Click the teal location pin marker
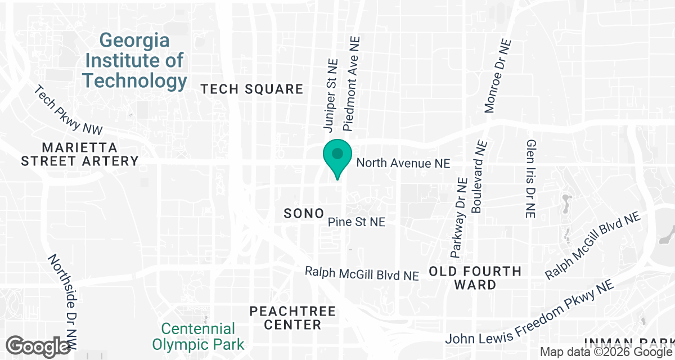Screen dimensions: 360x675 coord(337,156)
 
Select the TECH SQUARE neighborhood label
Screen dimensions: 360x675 coord(252,89)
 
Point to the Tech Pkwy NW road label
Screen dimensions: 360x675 coord(69,110)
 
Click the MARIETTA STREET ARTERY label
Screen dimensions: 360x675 coord(80,154)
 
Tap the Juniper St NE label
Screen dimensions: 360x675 coord(329,95)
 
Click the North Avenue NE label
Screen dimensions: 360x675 coord(403,163)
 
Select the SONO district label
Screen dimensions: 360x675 coord(304,213)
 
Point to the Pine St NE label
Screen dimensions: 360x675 coord(357,222)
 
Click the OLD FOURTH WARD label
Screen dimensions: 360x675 coord(475,278)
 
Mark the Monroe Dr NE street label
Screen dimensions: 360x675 coord(498,76)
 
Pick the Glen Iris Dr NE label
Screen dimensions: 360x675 coord(530,179)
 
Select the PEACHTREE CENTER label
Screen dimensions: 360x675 coord(292,318)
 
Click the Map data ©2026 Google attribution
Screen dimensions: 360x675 coord(606,352)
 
